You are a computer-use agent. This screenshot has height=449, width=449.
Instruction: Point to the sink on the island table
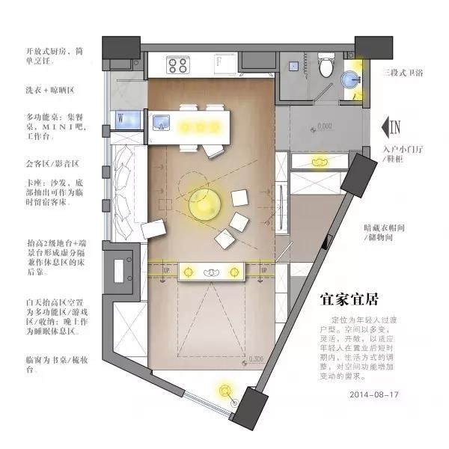coord(161,122)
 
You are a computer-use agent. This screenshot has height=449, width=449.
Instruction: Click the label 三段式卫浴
coord(405,73)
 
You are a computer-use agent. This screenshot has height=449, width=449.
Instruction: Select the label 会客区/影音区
coord(52,162)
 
